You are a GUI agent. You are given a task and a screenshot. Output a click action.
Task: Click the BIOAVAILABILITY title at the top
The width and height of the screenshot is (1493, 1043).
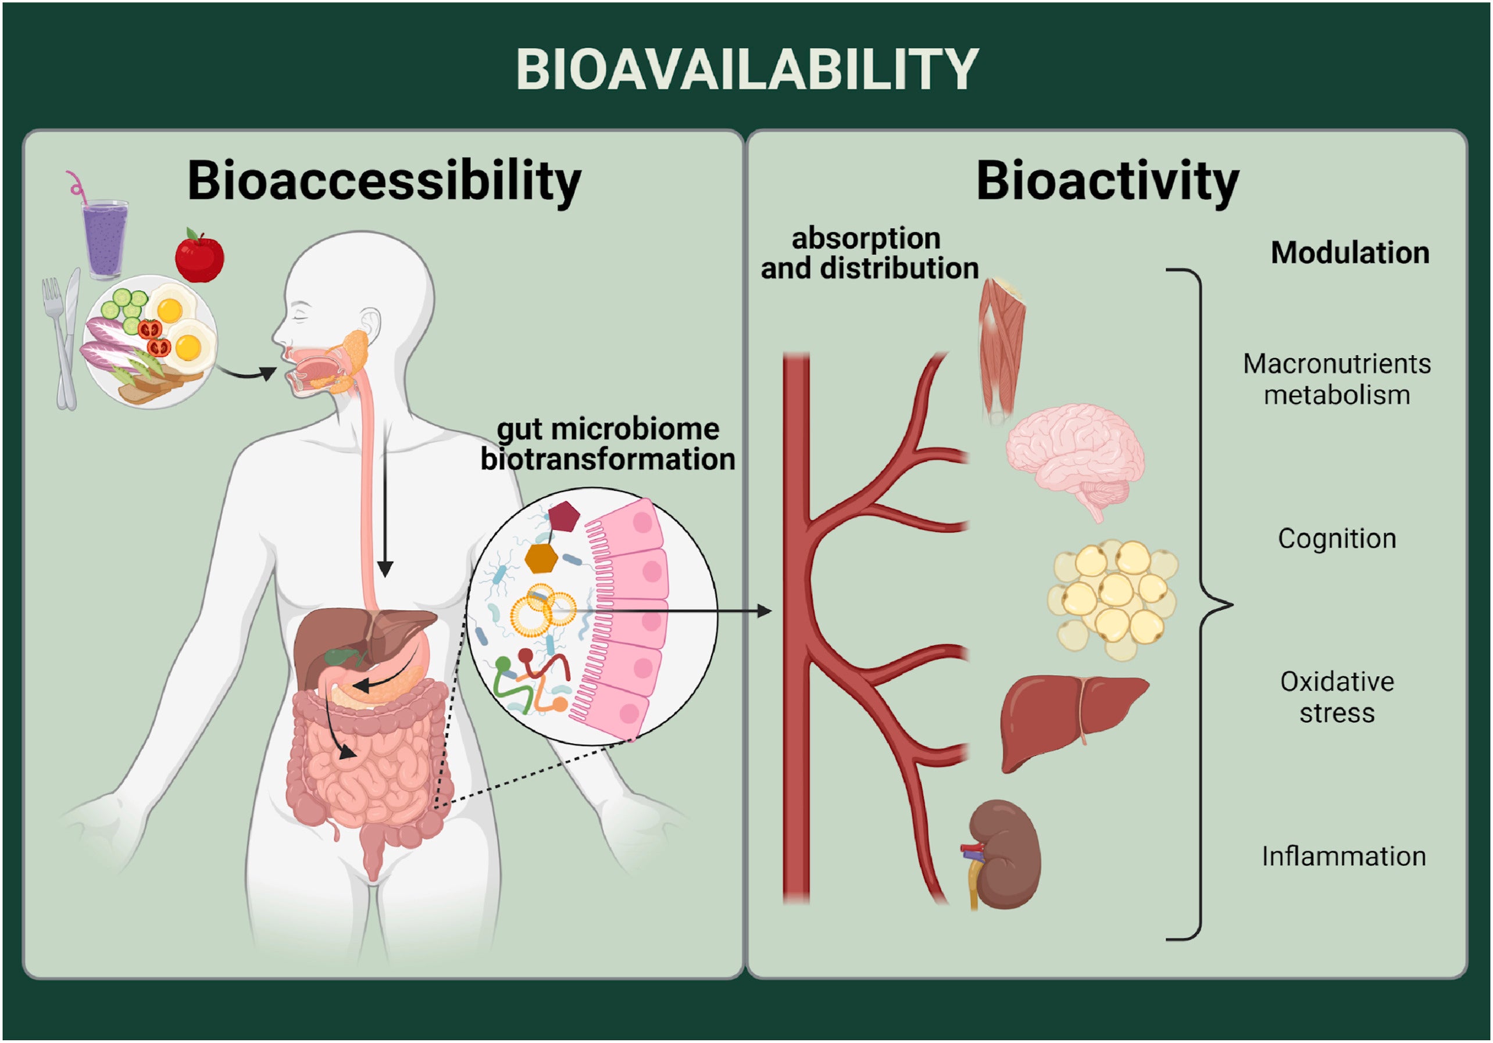tap(746, 70)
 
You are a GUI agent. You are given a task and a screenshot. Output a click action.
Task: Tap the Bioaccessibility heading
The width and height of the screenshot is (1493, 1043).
tap(384, 181)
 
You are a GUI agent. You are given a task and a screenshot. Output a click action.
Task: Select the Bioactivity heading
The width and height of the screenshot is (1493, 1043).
tap(1107, 181)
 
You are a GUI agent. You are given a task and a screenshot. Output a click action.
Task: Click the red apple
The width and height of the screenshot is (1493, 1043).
tap(199, 256)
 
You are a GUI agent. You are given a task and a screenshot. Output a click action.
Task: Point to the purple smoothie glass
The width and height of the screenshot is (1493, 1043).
tap(105, 238)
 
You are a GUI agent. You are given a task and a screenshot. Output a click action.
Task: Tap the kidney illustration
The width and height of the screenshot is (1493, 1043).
tap(1005, 855)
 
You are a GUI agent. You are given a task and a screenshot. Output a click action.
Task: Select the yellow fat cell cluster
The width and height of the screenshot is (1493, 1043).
tap(1112, 598)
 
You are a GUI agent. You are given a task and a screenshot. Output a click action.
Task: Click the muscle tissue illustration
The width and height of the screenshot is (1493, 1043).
tap(1001, 348)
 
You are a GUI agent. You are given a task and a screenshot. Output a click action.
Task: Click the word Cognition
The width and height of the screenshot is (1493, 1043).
tap(1337, 538)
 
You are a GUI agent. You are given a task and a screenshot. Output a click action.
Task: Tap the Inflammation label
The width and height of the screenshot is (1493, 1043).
tap(1344, 856)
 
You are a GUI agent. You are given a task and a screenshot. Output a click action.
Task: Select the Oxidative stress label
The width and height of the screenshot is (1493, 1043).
tap(1337, 697)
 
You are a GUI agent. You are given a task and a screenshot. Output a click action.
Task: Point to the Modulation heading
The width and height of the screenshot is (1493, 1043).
tap(1350, 252)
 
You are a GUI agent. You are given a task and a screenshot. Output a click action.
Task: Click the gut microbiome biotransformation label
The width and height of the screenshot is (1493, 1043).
tap(608, 444)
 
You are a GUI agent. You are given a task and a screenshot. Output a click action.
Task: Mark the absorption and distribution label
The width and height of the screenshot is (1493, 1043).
tap(869, 253)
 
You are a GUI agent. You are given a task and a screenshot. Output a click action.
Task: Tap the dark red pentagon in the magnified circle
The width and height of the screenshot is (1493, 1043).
tap(563, 517)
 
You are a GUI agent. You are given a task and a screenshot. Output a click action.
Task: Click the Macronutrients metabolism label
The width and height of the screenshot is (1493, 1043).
tap(1337, 379)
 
